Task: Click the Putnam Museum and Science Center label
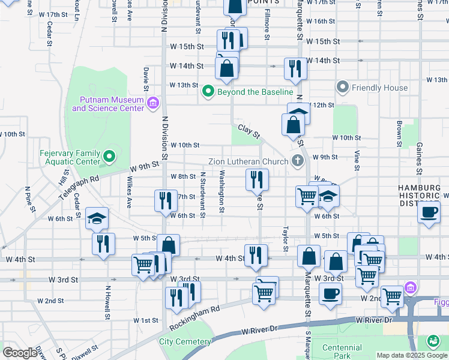coord(108,104)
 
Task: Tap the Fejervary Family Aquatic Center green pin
coord(109,157)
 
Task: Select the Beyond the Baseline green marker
coord(208,92)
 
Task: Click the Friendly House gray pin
coord(343,88)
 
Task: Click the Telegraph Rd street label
coord(78,188)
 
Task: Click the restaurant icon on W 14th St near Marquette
coord(295,68)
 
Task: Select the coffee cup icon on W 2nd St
coord(330,294)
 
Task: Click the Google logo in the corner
coord(20,353)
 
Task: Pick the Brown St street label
coord(399,134)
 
